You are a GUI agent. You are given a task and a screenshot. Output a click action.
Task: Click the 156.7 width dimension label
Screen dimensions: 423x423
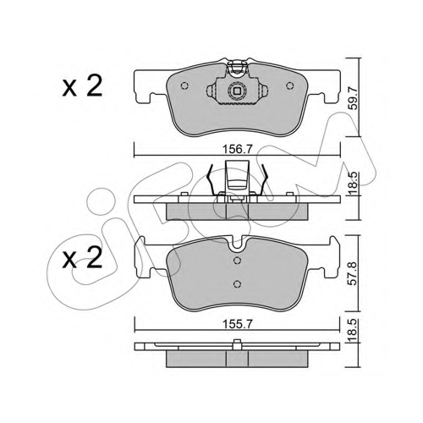(237, 150)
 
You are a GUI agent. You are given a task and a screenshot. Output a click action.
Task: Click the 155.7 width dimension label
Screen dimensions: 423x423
(237, 325)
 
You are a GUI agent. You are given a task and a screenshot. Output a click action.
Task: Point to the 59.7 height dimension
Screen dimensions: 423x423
(354, 98)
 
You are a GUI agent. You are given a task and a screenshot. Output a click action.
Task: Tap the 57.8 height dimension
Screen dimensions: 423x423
(354, 273)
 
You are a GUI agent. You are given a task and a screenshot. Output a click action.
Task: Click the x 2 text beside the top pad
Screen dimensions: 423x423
(82, 87)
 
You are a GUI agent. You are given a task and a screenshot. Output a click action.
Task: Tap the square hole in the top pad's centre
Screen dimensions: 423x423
(237, 91)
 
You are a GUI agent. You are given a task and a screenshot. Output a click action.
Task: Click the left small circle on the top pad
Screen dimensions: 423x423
(184, 85)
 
